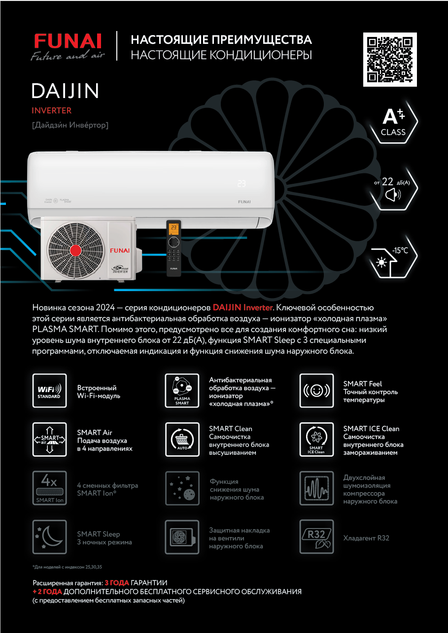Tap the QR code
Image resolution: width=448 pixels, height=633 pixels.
[390, 59]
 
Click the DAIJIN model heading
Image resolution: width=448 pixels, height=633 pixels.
[66, 91]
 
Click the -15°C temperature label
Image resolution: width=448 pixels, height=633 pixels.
[400, 250]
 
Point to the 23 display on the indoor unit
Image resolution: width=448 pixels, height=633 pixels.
[241, 183]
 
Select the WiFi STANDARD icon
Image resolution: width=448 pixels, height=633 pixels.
[49, 391]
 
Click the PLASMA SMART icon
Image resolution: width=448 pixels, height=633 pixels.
[182, 391]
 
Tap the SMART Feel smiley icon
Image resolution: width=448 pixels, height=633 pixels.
[316, 391]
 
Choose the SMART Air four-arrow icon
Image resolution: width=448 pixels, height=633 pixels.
[49, 438]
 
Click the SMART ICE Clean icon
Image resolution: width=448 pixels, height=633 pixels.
[316, 438]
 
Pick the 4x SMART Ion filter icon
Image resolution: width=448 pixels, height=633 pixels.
[49, 488]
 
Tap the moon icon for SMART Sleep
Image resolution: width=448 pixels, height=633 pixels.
[49, 536]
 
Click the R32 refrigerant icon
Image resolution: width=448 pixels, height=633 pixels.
[316, 536]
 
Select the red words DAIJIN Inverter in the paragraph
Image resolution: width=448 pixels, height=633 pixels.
[242, 307]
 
